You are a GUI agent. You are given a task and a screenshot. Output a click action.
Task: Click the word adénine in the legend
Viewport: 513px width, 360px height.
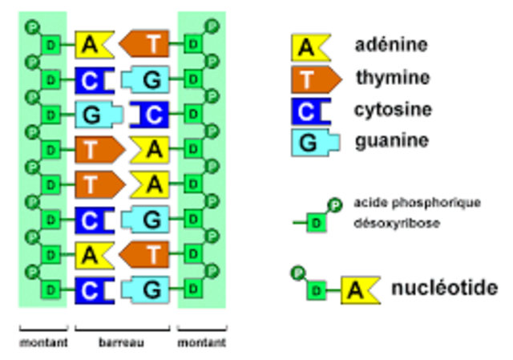pyautogui.click(x=391, y=45)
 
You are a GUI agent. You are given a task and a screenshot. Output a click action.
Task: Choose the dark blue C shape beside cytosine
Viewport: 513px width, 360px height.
pyautogui.click(x=309, y=111)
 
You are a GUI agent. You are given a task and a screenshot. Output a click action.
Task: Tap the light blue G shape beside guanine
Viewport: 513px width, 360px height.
pyautogui.click(x=309, y=143)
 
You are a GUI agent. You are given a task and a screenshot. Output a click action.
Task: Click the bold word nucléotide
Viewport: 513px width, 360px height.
pyautogui.click(x=444, y=288)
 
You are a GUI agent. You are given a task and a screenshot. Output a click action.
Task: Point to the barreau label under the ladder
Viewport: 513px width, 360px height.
pyautogui.click(x=121, y=342)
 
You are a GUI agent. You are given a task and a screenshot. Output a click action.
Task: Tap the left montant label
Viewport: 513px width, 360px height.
pyautogui.click(x=42, y=342)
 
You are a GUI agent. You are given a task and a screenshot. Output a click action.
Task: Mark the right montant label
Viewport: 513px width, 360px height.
pyautogui.click(x=201, y=342)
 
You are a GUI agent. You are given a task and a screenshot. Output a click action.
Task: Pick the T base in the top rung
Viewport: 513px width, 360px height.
pyautogui.click(x=148, y=44)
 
